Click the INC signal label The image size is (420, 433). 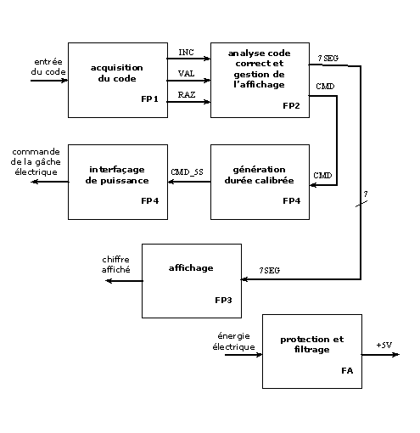click(x=186, y=53)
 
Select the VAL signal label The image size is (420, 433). click(x=186, y=74)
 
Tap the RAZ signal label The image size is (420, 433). click(x=186, y=95)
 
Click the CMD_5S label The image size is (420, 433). click(x=188, y=172)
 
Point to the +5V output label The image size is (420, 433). click(x=384, y=345)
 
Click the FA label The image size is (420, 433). click(x=347, y=371)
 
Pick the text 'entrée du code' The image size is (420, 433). click(x=48, y=67)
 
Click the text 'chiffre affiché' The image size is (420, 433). click(x=116, y=264)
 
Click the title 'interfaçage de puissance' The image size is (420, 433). click(x=116, y=175)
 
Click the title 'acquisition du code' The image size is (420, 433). click(x=116, y=71)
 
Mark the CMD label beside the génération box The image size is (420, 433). click(x=322, y=175)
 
